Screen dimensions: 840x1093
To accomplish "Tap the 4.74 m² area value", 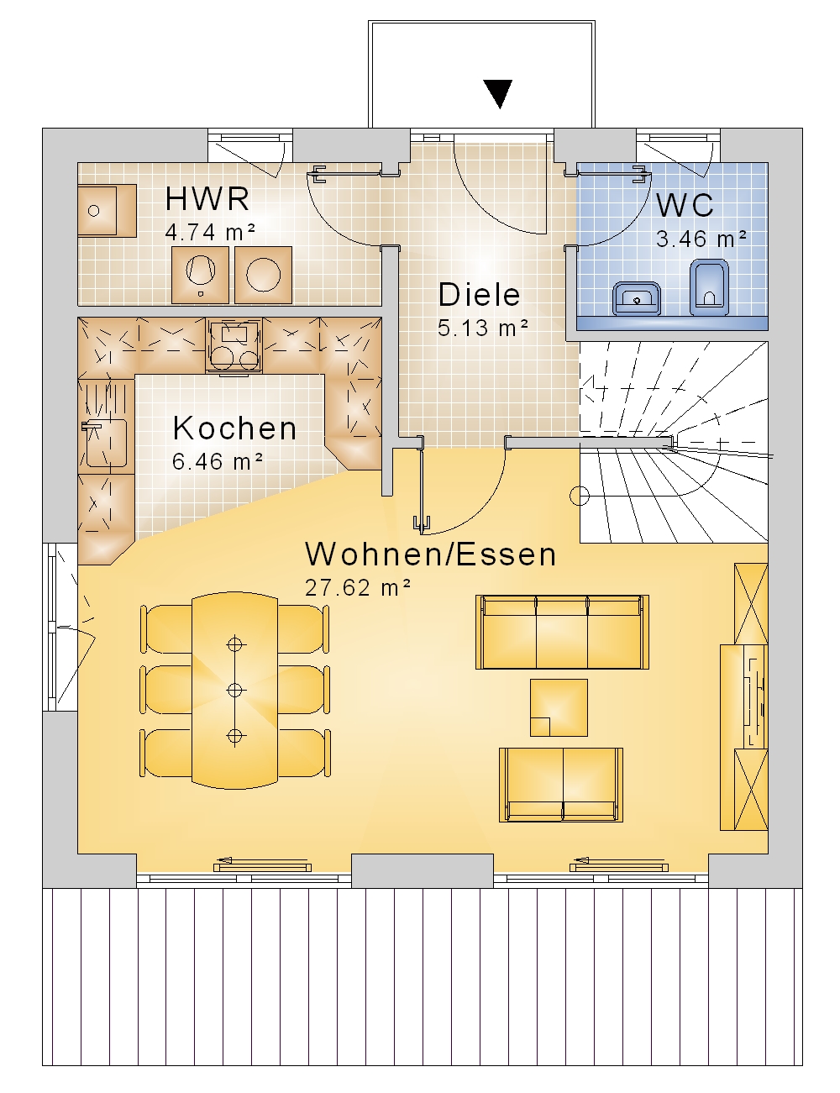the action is click(210, 233).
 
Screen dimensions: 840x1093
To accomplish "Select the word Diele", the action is click(479, 295).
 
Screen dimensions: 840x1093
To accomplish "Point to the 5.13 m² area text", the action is click(483, 328).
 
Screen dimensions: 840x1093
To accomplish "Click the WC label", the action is click(685, 205).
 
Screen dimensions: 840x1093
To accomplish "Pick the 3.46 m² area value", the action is click(701, 239).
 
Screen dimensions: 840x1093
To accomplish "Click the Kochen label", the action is click(234, 428).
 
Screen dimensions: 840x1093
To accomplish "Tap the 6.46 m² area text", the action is click(218, 461).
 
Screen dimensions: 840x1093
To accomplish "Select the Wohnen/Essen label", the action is click(431, 554).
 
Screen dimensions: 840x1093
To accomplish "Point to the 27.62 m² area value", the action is click(358, 587).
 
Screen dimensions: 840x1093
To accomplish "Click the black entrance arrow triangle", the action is click(498, 93).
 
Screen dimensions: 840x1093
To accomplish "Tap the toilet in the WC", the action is click(709, 287).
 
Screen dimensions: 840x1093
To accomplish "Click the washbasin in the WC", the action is click(637, 298).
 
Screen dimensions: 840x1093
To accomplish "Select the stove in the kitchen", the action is click(234, 347).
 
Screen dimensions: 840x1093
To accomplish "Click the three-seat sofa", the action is click(562, 633).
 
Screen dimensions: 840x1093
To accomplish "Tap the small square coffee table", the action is click(559, 707).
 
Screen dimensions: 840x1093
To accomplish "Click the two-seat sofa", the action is click(561, 785).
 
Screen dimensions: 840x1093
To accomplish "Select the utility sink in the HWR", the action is click(107, 210).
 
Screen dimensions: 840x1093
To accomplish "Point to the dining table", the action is click(234, 690).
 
